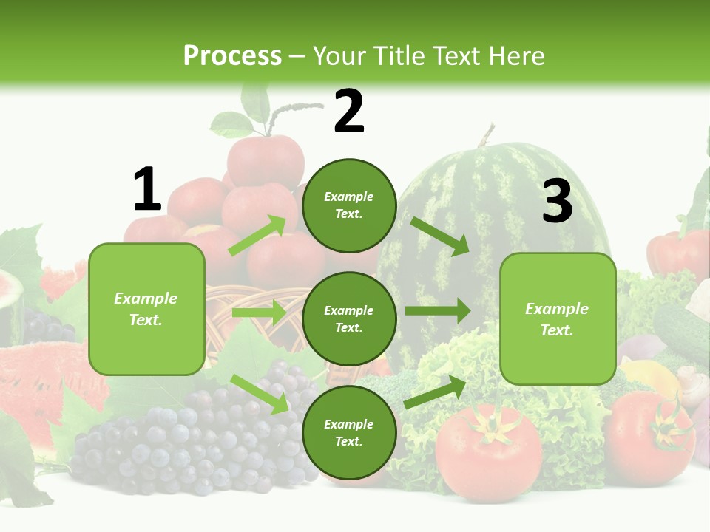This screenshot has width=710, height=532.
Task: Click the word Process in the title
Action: coord(232,56)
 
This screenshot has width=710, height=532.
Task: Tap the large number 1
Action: coord(146,190)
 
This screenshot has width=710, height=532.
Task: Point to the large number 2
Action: coord(349,112)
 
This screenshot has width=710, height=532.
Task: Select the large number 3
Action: coord(557,202)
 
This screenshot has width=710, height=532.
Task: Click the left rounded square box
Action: coord(146,309)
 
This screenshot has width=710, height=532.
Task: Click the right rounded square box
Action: coord(558,318)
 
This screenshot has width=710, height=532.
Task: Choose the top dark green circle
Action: coord(349,205)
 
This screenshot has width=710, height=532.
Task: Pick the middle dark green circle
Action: coord(349,318)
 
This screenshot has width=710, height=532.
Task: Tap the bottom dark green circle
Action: coord(349,432)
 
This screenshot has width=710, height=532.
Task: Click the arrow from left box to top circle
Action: coord(257,236)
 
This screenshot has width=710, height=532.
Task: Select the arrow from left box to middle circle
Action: coord(259,313)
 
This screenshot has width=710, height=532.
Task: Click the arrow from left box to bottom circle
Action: coord(259,393)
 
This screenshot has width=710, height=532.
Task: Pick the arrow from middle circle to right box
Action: coord(438,311)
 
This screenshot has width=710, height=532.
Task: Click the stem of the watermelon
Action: coord(486,136)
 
